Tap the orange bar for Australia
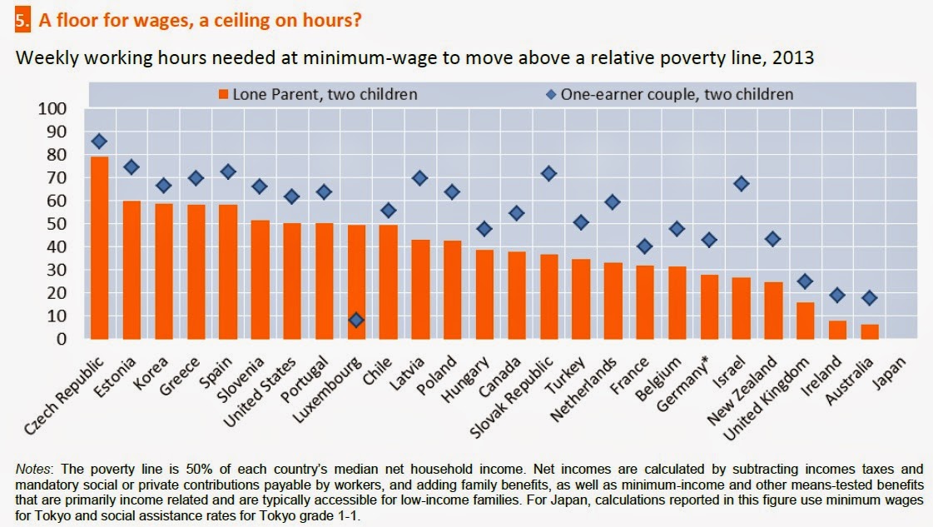tap(869, 331)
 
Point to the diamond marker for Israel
tap(742, 184)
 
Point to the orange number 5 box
tap(22, 19)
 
